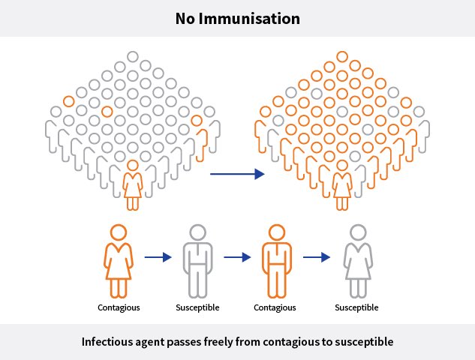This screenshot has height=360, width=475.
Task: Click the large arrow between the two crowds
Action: [237, 174]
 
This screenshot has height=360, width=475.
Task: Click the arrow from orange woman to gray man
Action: [157, 256]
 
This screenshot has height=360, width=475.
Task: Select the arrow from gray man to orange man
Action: [236, 256]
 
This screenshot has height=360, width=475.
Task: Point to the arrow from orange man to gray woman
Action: [316, 256]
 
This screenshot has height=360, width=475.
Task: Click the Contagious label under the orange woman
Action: [119, 307]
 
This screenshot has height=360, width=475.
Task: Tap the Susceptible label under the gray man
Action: [197, 307]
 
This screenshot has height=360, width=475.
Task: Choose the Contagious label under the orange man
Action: [275, 307]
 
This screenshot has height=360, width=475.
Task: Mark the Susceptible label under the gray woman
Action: [356, 307]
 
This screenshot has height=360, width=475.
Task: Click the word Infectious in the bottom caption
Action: [110, 342]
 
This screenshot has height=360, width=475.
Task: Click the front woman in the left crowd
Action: [133, 184]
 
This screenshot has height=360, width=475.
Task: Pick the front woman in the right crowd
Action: [342, 184]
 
